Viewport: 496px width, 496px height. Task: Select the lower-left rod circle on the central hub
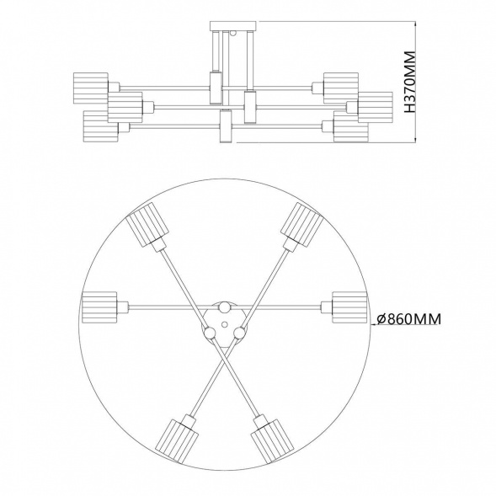[206, 334]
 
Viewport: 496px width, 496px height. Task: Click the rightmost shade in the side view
[376, 106]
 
